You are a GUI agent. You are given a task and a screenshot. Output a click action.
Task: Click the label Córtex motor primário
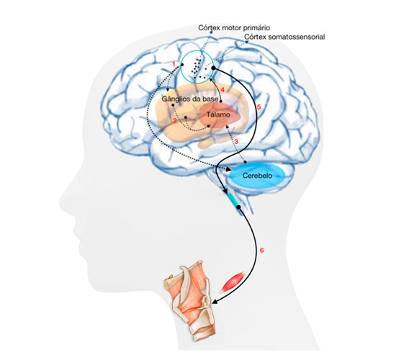(234, 27)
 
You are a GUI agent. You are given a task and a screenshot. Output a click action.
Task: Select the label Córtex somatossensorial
(284, 37)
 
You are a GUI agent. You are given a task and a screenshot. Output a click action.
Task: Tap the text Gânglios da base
(190, 99)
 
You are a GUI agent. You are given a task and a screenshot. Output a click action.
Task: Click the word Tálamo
(218, 114)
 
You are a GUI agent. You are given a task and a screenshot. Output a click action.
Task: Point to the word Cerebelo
(257, 176)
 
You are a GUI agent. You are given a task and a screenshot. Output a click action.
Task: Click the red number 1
(174, 64)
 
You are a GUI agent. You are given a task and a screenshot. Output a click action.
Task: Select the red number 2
(175, 121)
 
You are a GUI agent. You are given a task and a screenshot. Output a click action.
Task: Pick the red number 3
(236, 141)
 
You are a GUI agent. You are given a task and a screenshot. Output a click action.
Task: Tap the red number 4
(222, 90)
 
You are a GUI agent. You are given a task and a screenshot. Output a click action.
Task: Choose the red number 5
(258, 107)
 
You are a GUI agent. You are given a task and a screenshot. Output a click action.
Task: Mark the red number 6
(262, 250)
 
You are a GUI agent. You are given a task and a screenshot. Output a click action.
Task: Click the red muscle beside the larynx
(233, 282)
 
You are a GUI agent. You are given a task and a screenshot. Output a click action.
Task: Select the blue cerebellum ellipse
(257, 176)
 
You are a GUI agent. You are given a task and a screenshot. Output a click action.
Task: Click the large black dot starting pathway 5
(213, 68)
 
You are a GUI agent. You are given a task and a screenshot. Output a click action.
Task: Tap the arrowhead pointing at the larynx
(215, 302)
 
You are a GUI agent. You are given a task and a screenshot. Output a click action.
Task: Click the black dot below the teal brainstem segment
(238, 207)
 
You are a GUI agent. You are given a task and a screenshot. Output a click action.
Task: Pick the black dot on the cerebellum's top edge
(245, 162)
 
